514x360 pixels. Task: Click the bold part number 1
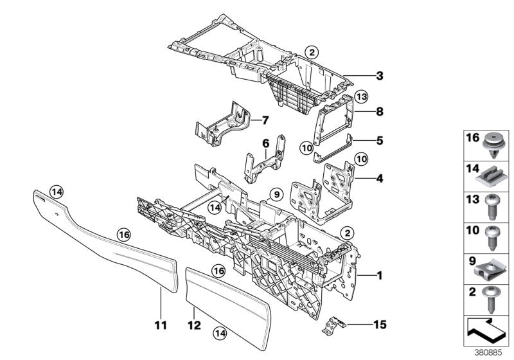[x=380, y=276]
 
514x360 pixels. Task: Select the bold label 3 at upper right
[x=380, y=76]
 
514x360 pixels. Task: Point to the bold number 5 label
[x=380, y=138]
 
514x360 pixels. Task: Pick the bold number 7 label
[x=264, y=120]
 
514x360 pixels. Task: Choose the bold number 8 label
[x=380, y=111]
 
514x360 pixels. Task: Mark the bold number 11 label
[x=161, y=325]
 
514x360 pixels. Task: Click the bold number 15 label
[x=380, y=324]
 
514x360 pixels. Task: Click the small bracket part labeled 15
[x=332, y=324]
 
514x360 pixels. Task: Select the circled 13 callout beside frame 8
[x=361, y=96]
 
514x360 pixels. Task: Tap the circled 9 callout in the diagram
[x=276, y=193]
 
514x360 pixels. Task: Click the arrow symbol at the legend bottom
[x=486, y=332]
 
